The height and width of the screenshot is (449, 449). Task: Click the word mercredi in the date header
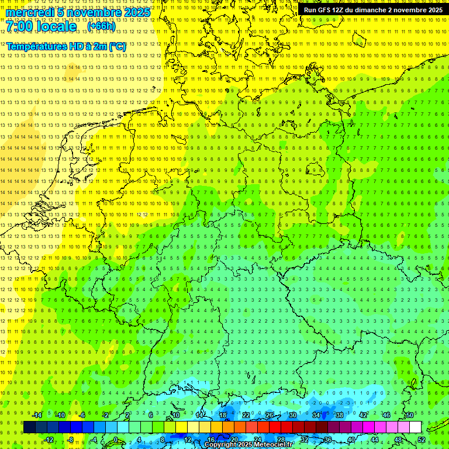pyautogui.click(x=29, y=12)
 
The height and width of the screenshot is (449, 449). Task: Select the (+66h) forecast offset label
pyautogui.click(x=101, y=26)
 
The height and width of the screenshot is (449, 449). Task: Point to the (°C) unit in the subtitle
pyautogui.click(x=116, y=46)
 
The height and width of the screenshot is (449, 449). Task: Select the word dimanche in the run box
pyautogui.click(x=369, y=10)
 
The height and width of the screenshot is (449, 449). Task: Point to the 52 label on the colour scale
pyautogui.click(x=422, y=440)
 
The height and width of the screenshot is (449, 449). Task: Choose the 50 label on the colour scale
pyautogui.click(x=410, y=415)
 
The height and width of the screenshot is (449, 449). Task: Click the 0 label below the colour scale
pyautogui.click(x=115, y=440)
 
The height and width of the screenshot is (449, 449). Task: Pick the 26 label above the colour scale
pyautogui.click(x=270, y=415)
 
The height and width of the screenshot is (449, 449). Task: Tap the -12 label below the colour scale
pyautogui.click(x=49, y=440)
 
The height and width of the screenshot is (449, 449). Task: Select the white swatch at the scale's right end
pyautogui.click(x=415, y=427)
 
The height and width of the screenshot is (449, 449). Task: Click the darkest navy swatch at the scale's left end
pyautogui.click(x=30, y=427)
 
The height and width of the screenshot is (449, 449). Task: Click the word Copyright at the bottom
pyautogui.click(x=220, y=445)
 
